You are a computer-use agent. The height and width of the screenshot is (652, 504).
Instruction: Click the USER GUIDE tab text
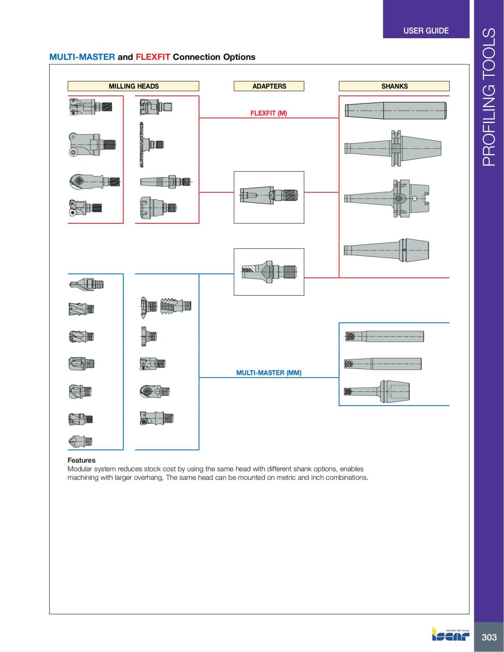[x=425, y=31]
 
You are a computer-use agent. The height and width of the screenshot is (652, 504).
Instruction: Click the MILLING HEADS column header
[x=134, y=86]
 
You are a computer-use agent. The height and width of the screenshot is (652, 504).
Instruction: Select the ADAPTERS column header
[x=269, y=86]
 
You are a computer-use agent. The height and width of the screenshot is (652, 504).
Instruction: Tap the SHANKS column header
[x=394, y=86]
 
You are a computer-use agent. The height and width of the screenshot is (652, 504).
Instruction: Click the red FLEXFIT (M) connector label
[x=268, y=113]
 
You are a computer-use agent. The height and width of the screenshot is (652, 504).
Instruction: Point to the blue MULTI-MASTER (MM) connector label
[x=268, y=373]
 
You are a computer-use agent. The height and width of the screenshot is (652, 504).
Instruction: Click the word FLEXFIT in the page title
[x=152, y=57]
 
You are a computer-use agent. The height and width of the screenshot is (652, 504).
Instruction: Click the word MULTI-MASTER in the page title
[x=82, y=57]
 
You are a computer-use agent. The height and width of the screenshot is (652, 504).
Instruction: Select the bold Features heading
[x=81, y=460]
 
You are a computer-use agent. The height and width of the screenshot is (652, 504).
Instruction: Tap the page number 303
[x=489, y=637]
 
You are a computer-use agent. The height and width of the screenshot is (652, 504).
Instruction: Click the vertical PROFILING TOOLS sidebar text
[x=489, y=97]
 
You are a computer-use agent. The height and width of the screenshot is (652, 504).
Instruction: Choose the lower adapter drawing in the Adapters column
[x=269, y=272]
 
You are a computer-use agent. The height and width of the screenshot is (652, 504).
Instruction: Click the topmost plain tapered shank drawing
[x=395, y=110]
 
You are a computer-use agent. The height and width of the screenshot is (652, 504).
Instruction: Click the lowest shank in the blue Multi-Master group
[x=377, y=392]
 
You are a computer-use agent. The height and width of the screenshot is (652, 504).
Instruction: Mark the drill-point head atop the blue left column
[x=86, y=284]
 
